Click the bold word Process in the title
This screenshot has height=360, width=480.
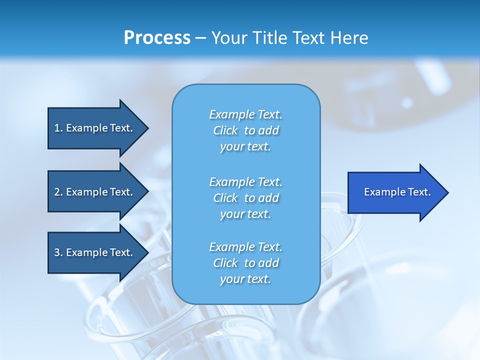click(157, 38)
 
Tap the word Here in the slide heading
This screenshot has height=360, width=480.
click(349, 38)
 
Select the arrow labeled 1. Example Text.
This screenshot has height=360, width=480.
click(97, 128)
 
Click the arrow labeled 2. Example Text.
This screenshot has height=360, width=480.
click(97, 192)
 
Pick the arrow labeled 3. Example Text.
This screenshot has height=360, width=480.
click(97, 252)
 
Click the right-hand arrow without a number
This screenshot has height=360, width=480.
click(397, 192)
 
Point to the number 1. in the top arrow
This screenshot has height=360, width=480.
click(58, 128)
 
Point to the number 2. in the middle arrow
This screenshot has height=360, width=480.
click(58, 192)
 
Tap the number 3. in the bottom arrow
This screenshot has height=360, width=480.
click(58, 252)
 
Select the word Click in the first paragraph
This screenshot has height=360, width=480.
click(225, 130)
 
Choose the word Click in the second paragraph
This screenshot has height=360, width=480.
click(225, 198)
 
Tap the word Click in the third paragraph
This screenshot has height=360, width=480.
click(225, 263)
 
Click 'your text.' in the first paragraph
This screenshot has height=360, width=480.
click(245, 147)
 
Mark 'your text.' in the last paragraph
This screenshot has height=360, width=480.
click(245, 279)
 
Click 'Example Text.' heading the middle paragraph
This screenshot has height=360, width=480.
click(245, 182)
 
